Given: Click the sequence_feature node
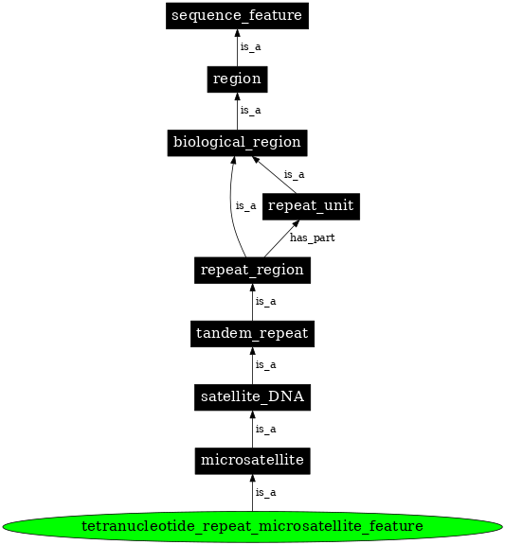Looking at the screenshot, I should [237, 15].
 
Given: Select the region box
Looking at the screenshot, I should [237, 79].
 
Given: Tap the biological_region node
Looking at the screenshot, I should [237, 142].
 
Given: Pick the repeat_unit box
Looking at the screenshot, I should [298, 205].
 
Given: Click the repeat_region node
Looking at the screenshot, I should [252, 270].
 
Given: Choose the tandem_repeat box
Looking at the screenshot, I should [252, 333].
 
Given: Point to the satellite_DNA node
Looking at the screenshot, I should [252, 396].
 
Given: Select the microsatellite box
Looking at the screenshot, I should [252, 461].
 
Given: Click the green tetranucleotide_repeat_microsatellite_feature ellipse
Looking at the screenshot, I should [252, 525].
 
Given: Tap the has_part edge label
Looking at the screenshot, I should [312, 237].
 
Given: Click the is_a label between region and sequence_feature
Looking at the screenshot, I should [250, 46].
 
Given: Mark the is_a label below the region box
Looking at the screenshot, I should [250, 111].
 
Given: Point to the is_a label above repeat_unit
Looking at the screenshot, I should [294, 174].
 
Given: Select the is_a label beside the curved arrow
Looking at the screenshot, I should [245, 205].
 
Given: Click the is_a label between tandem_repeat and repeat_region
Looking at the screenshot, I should [265, 302].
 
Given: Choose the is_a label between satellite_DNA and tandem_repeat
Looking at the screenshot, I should [265, 365].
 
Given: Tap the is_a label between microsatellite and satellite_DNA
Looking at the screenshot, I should [265, 429].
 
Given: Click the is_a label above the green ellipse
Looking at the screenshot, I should [265, 493].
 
